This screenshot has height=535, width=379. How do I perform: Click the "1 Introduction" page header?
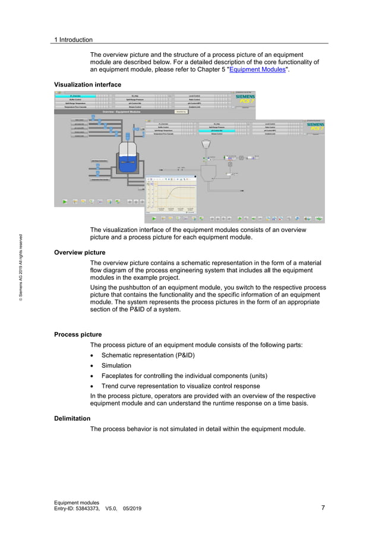coord(73,40)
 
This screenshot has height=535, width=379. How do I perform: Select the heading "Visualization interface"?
coord(87,85)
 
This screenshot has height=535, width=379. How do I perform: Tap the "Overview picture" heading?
coord(80,252)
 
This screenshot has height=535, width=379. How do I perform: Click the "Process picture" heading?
coord(78,335)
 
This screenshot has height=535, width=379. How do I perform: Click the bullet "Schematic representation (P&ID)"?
coord(148,355)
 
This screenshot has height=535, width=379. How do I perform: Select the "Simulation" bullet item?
coord(116,365)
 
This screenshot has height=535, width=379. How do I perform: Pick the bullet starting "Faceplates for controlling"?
coord(184,376)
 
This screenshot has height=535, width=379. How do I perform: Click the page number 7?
coord(323,508)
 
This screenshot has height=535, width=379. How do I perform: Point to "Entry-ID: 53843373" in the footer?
coord(77,508)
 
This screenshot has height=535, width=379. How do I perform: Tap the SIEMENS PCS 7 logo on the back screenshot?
coord(244,98)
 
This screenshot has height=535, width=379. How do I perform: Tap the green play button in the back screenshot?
coord(64,202)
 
